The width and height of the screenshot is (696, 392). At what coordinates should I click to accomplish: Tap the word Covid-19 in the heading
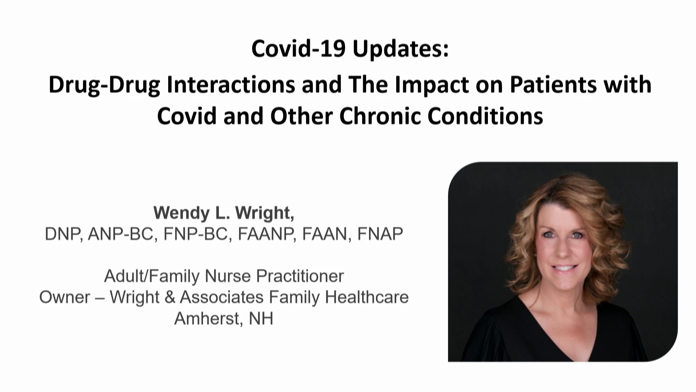tap(298, 49)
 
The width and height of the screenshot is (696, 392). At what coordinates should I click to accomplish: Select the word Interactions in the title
tap(231, 85)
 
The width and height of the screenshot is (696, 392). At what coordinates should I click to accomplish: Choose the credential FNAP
tap(380, 234)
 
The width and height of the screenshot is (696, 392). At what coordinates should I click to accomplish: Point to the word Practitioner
tap(300, 276)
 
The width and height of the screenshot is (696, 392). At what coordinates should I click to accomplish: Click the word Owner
tap(65, 297)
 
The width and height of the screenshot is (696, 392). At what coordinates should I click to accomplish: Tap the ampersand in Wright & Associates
tap(170, 297)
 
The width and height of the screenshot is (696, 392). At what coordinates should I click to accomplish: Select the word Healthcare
tap(367, 297)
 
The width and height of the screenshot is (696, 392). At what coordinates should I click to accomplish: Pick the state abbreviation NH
tap(261, 319)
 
